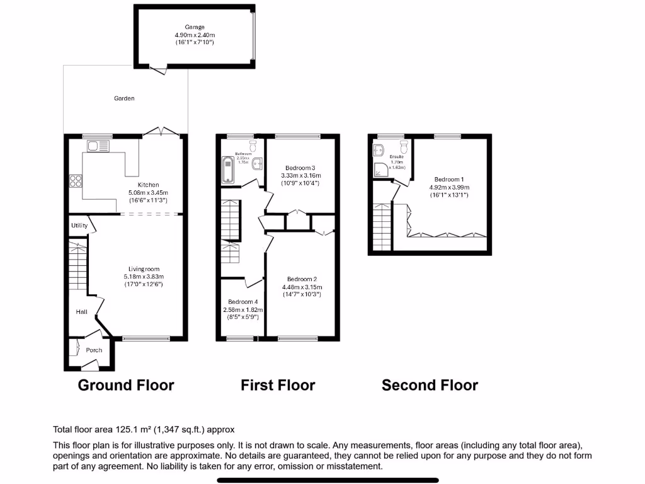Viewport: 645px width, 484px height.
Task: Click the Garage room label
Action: tap(195, 27)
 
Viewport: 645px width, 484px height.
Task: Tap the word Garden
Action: tap(124, 98)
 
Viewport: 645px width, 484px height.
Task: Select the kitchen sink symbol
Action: tap(98, 147)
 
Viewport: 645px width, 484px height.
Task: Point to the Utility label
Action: tap(79, 225)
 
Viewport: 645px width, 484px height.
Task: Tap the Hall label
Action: tap(82, 311)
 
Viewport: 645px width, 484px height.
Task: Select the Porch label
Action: tap(94, 350)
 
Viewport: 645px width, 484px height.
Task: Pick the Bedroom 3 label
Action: tap(300, 168)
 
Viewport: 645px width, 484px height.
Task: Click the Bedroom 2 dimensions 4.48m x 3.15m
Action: tap(301, 287)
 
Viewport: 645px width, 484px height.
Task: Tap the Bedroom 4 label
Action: tap(243, 302)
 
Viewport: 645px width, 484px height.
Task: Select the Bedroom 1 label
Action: tap(449, 179)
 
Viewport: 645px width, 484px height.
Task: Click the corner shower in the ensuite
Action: tap(380, 168)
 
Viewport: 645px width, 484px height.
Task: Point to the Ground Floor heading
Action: tap(125, 385)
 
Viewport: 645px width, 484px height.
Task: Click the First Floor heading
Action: tap(278, 385)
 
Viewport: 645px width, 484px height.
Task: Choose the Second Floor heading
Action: tap(430, 385)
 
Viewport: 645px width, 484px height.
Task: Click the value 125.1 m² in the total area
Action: tap(130, 430)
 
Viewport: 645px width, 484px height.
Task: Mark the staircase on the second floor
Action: tap(382, 227)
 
